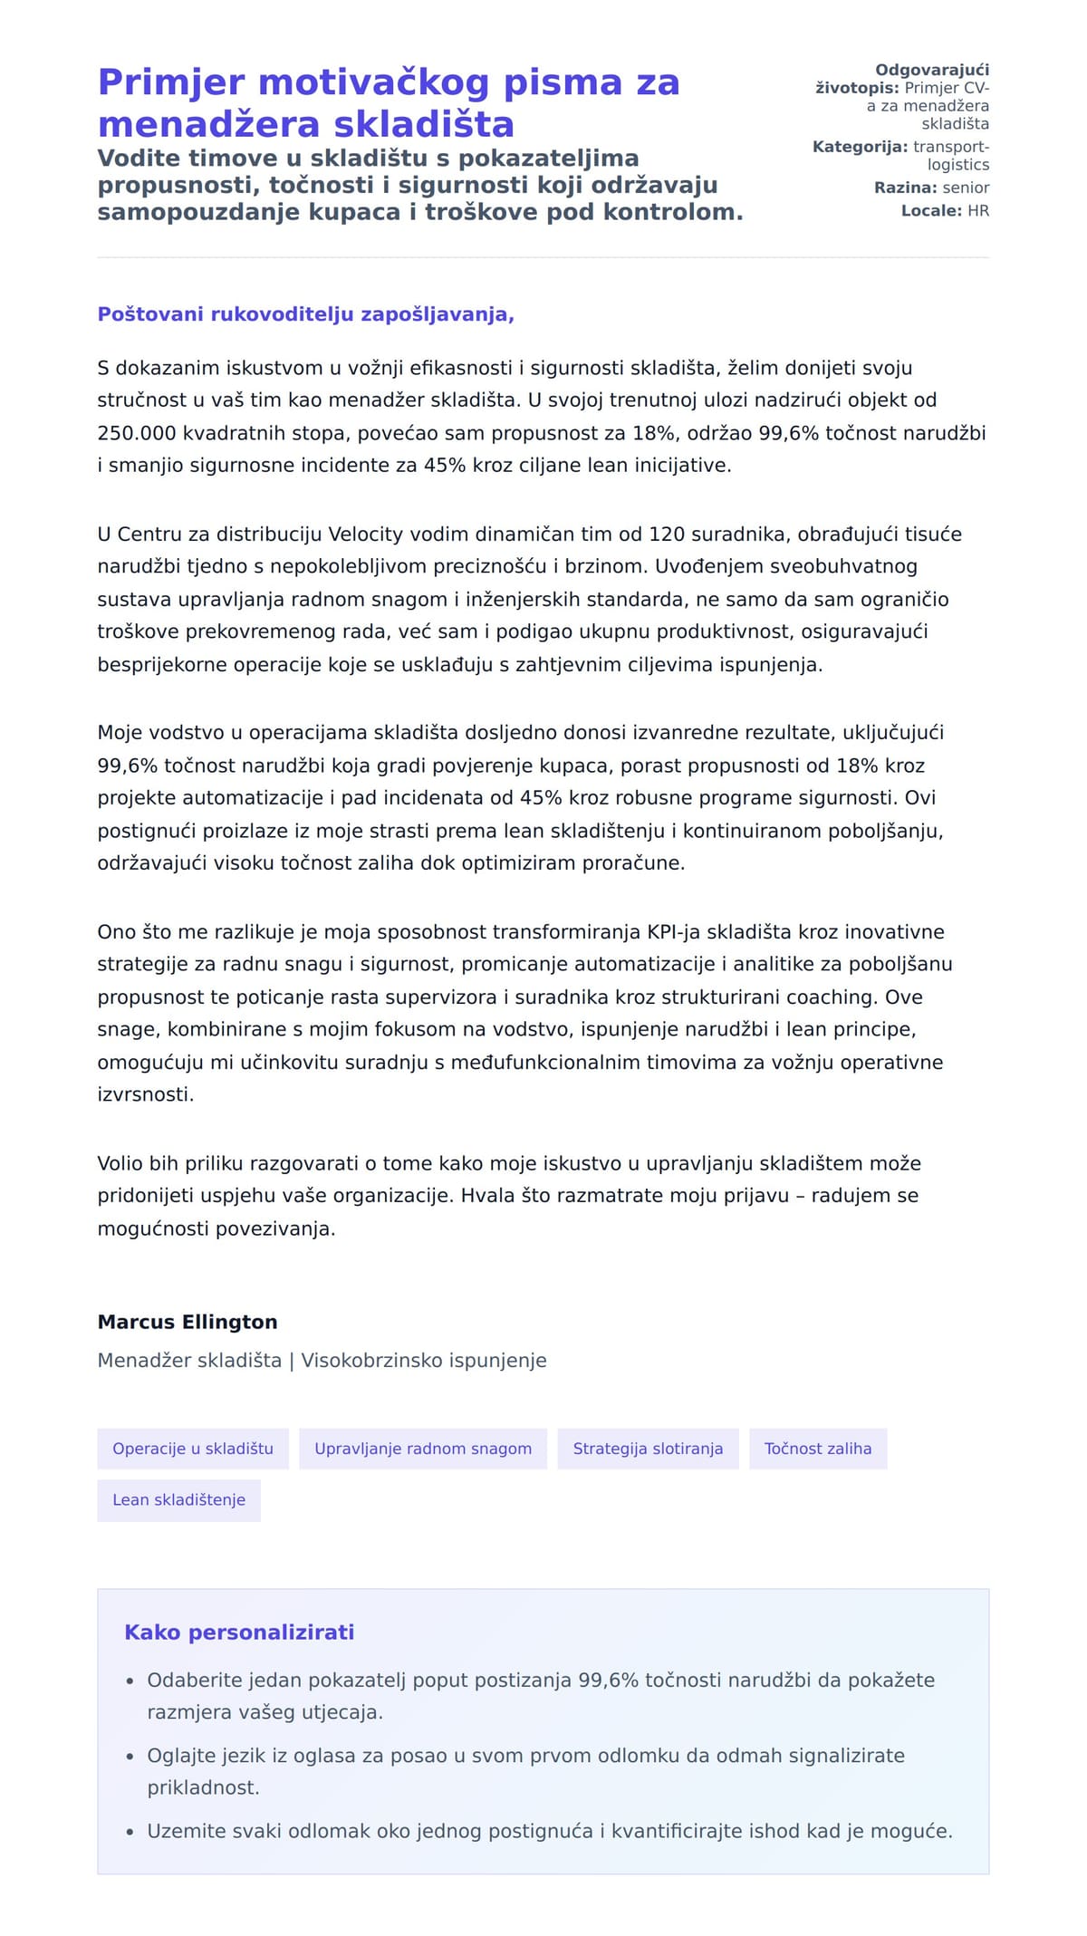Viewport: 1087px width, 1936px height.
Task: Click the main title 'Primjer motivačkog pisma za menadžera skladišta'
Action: point(389,102)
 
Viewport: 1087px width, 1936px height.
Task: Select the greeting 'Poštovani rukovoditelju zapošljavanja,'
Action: point(305,314)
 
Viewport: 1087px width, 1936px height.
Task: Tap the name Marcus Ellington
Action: point(188,1322)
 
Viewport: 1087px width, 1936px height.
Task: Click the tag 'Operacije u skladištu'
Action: point(193,1449)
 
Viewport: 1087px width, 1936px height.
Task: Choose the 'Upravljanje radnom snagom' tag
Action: point(423,1449)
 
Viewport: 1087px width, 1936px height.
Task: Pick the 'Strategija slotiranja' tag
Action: point(648,1449)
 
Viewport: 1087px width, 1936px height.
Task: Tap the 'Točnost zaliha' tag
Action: point(818,1449)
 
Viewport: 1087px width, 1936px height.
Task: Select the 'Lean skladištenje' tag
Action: point(178,1499)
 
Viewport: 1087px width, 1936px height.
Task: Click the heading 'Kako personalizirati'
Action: point(239,1632)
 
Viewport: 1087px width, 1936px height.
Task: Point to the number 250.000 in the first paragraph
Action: point(137,433)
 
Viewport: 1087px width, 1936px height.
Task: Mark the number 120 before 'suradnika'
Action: point(666,535)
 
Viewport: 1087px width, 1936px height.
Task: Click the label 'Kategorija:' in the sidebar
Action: point(860,147)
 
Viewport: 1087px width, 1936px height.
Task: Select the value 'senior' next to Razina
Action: point(966,188)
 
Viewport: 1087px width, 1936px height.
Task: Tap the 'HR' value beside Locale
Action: point(978,211)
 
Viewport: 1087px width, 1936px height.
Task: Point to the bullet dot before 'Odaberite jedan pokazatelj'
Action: point(130,1681)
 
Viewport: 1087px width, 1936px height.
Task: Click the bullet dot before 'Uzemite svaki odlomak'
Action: point(130,1832)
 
